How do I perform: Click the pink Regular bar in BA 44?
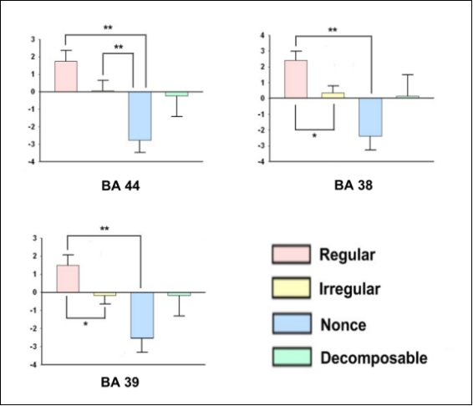[x=66, y=76]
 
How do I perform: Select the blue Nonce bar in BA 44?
[x=140, y=116]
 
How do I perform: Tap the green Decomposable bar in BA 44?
[x=177, y=94]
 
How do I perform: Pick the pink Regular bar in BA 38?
[x=296, y=79]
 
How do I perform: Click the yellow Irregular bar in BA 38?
[x=333, y=95]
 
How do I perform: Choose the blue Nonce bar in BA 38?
[x=370, y=117]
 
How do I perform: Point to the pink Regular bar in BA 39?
[x=68, y=278]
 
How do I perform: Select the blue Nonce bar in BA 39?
[x=142, y=315]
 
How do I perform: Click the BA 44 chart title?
[x=120, y=185]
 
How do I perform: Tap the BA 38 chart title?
[x=353, y=185]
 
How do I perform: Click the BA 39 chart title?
[x=120, y=382]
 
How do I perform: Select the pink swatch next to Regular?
[x=291, y=254]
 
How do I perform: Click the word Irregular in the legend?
[x=350, y=289]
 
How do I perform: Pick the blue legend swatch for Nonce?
[x=292, y=323]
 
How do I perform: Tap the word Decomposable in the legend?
[x=374, y=358]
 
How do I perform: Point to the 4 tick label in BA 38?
[x=262, y=35]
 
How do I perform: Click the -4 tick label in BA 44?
[x=32, y=162]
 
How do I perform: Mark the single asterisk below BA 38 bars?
[x=314, y=135]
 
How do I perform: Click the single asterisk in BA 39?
[x=86, y=324]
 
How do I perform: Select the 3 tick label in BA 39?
[x=35, y=238]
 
